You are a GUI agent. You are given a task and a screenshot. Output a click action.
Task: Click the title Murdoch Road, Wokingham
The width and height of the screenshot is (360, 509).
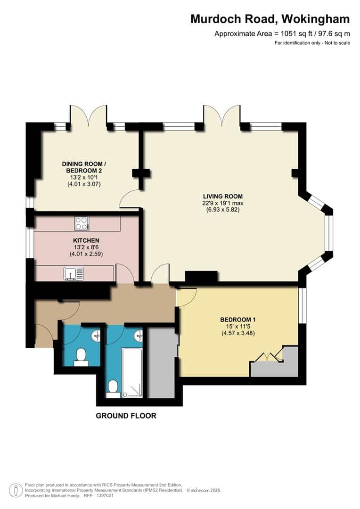tap(270, 19)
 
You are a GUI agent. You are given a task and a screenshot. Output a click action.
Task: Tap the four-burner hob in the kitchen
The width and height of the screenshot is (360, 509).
tap(82, 223)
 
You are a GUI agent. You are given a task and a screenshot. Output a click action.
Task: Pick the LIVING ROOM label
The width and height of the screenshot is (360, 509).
tap(222, 196)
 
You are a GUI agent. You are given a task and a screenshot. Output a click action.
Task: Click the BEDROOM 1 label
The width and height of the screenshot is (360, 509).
tap(237, 320)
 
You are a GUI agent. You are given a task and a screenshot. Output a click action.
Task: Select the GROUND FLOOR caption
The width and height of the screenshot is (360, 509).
tap(126, 416)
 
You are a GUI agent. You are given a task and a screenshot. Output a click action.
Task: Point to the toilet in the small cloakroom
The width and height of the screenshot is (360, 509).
tap(81, 356)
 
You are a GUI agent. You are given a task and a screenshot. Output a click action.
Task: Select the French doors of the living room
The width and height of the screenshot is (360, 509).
tap(222, 115)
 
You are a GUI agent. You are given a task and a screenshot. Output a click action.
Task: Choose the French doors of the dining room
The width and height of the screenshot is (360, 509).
tap(88, 115)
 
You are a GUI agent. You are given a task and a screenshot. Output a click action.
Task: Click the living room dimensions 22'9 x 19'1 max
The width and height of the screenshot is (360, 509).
tap(222, 203)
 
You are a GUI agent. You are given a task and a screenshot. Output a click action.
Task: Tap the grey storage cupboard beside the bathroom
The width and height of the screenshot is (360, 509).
tap(161, 363)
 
